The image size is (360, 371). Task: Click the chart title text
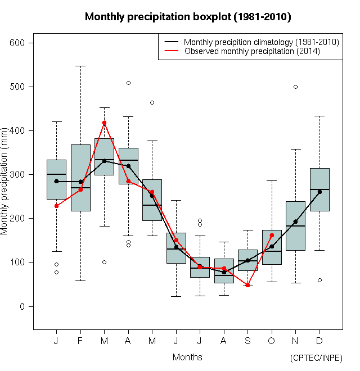(x=188, y=17)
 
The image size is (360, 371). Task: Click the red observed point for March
(x=104, y=123)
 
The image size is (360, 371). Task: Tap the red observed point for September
(x=247, y=285)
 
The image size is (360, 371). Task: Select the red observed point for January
(x=56, y=206)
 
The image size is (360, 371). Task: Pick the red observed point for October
(x=272, y=235)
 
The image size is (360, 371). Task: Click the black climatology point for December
(x=319, y=192)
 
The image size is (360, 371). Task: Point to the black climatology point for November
(x=295, y=221)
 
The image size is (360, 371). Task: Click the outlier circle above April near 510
(x=128, y=83)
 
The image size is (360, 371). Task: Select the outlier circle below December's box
(x=319, y=280)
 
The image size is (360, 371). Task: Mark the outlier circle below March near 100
(x=104, y=262)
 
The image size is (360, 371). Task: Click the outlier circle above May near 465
(x=152, y=102)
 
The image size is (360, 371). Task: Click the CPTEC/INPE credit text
(x=316, y=358)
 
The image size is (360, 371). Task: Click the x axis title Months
(x=187, y=357)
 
